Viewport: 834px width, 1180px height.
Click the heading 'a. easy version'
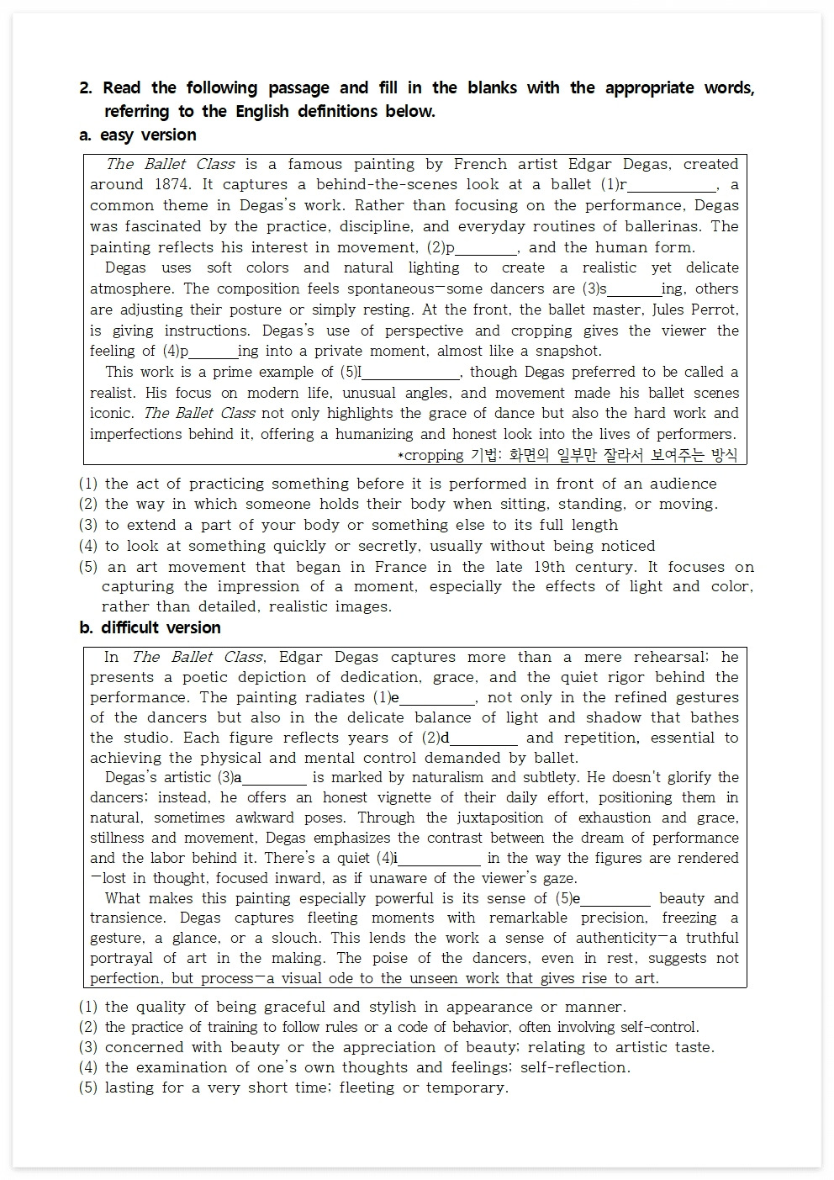click(137, 135)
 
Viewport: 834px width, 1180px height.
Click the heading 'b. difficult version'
click(150, 627)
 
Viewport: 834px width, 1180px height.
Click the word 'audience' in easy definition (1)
click(683, 484)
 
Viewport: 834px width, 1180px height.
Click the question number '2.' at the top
click(86, 88)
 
